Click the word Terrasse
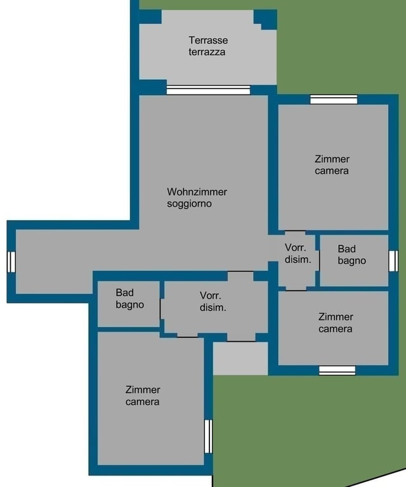pos(208,40)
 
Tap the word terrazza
pos(207,52)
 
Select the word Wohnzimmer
pos(197,192)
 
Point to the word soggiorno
pos(190,204)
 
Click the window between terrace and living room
pos(208,90)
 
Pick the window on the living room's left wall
pos(11,262)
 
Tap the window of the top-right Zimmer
pos(334,100)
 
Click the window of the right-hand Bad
pos(393,261)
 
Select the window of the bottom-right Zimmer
pos(337,370)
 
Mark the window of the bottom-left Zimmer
pos(209,436)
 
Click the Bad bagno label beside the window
pos(351,255)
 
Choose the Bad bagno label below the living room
pos(129,299)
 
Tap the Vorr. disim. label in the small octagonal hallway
pos(298,254)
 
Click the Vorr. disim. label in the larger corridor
pos(213,301)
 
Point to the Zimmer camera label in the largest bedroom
pos(332,165)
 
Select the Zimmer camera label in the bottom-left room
pos(143,396)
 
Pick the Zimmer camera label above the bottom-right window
pos(336,323)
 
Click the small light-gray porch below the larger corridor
pos(240,358)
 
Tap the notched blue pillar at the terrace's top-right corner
pos(265,19)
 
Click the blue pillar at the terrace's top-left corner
pos(150,16)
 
